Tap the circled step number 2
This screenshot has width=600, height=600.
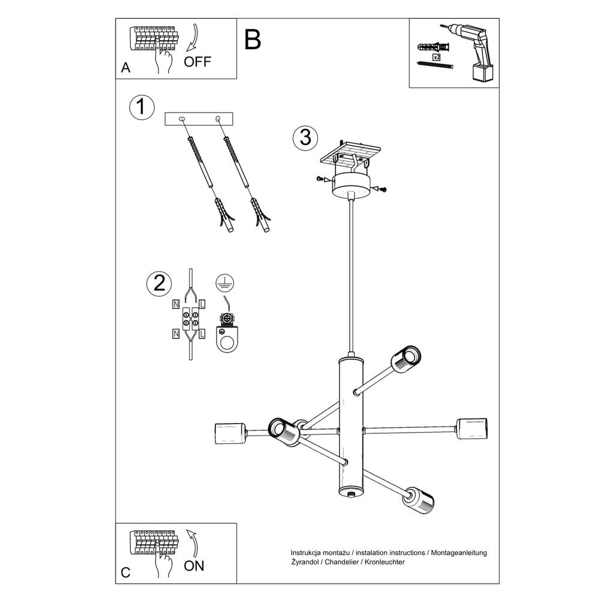coord(159,284)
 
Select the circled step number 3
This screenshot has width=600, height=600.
coord(305,137)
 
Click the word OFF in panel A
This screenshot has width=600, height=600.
coord(197,62)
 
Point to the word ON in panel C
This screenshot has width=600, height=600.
coord(194,565)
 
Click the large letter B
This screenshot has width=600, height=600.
coord(253,40)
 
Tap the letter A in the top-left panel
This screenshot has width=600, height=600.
coord(125,68)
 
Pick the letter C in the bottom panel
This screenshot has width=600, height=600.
coord(125,572)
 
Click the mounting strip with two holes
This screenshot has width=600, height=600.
coord(199,119)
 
